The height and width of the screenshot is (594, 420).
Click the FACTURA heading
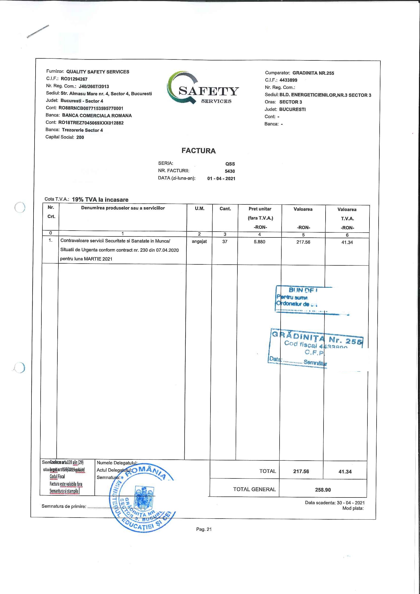(198, 151)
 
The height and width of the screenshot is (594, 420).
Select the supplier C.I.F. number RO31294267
(74, 79)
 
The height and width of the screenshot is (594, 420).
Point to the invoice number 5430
(230, 171)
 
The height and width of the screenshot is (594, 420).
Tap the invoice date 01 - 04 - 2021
(221, 179)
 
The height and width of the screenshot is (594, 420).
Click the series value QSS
(230, 164)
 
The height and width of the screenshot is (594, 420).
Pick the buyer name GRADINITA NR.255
(313, 73)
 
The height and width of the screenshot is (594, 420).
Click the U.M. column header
(199, 209)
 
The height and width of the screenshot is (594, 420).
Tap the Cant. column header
(225, 209)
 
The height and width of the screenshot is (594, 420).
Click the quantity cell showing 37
(225, 242)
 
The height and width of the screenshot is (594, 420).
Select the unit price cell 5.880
(260, 242)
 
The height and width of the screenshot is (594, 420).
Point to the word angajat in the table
(199, 242)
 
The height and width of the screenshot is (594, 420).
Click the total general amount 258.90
(323, 490)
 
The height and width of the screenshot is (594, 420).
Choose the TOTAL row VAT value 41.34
(345, 472)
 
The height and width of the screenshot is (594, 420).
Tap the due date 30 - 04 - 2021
(350, 503)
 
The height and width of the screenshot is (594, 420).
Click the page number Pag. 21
(204, 529)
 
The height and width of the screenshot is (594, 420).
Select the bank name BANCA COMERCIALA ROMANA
(97, 116)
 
